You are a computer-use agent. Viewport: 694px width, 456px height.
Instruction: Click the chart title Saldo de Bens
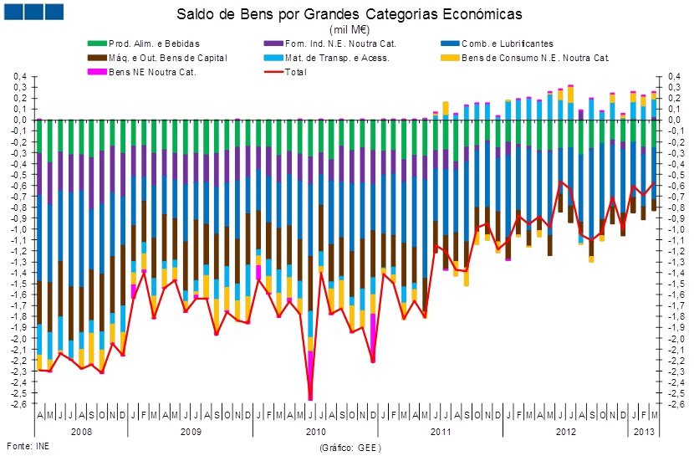click(349, 14)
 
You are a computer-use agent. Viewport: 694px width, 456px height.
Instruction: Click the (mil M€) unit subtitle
click(350, 28)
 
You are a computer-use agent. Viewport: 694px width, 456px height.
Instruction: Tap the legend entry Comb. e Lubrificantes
click(505, 44)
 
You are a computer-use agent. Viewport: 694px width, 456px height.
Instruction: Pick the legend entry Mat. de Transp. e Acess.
click(337, 58)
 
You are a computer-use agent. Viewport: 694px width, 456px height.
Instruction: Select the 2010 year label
click(315, 432)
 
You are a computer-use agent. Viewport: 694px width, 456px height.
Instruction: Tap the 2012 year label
click(565, 432)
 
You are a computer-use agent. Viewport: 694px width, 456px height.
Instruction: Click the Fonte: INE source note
click(28, 446)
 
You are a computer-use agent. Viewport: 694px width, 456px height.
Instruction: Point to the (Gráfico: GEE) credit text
click(350, 448)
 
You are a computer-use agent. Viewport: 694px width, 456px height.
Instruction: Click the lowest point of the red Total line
click(310, 398)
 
